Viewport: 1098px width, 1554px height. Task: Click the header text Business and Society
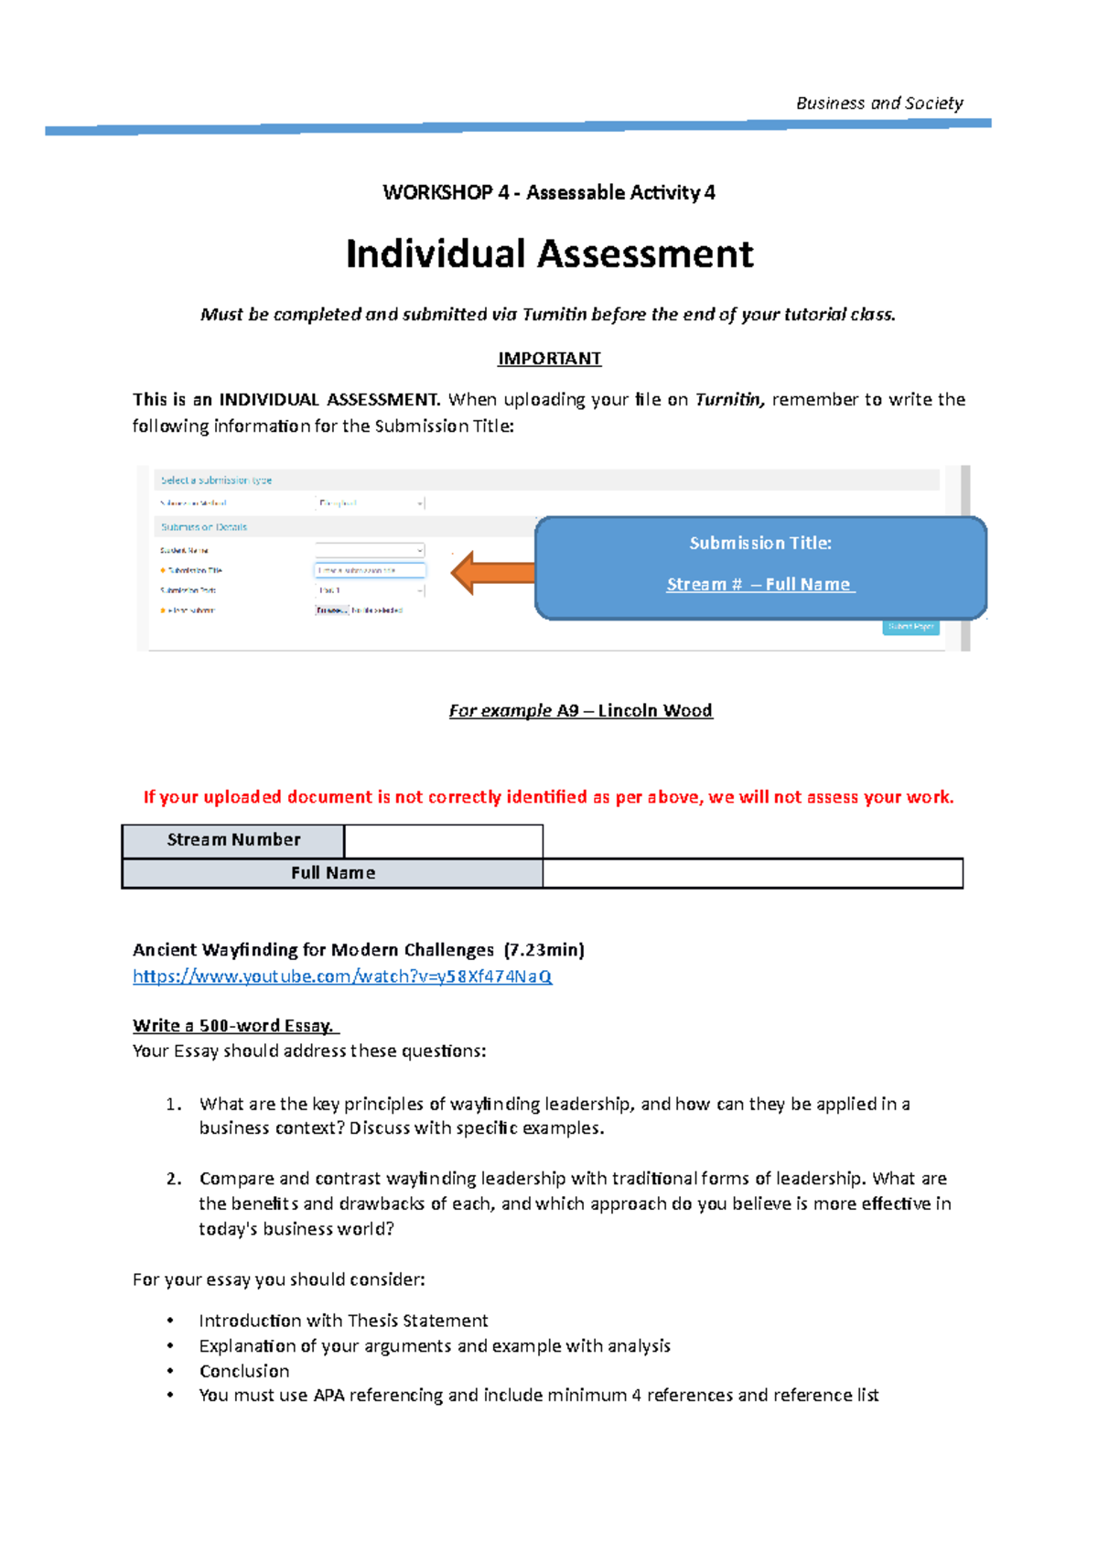click(878, 103)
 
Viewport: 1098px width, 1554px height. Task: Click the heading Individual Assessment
click(549, 254)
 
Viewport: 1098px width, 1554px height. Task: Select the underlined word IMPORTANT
click(549, 359)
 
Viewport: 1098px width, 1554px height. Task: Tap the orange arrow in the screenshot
click(492, 573)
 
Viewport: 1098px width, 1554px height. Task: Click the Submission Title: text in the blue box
click(759, 543)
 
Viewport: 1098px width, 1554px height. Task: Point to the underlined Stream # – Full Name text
click(759, 584)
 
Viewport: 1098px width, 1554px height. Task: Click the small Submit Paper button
click(910, 627)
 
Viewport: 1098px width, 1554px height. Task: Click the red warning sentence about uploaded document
click(548, 797)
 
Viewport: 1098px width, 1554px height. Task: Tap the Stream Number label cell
click(233, 840)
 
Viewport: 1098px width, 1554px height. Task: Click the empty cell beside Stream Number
click(444, 840)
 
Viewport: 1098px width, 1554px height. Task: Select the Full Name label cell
click(333, 873)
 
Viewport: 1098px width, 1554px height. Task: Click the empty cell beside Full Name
click(752, 873)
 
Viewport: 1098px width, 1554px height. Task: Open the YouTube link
click(342, 977)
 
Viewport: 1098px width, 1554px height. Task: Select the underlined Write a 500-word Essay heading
click(234, 1026)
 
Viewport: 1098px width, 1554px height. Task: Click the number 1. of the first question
click(174, 1104)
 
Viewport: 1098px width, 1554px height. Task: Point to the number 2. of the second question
click(174, 1179)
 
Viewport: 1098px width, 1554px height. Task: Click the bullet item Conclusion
click(244, 1371)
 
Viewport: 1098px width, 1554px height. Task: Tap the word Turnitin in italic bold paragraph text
click(728, 400)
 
